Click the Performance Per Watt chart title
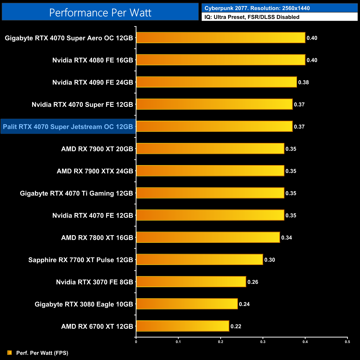pyautogui.click(x=100, y=12)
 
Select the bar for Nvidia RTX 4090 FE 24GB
pyautogui.click(x=217, y=82)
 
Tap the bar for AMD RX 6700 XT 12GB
pyautogui.click(x=183, y=326)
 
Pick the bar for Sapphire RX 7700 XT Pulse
pyautogui.click(x=200, y=259)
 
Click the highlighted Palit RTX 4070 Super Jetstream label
pyautogui.click(x=68, y=127)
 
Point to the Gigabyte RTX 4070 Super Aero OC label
pyautogui.click(x=69, y=38)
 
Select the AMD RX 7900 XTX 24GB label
pyautogui.click(x=95, y=171)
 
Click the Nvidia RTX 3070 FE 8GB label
pyautogui.click(x=95, y=282)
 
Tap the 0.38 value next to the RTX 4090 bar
pyautogui.click(x=304, y=82)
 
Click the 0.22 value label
pyautogui.click(x=236, y=326)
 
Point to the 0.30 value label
pyautogui.click(x=270, y=260)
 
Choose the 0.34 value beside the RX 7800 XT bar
pyautogui.click(x=287, y=238)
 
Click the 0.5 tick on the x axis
pyautogui.click(x=347, y=342)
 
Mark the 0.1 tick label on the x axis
pyautogui.click(x=178, y=342)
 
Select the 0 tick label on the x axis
pyautogui.click(x=136, y=342)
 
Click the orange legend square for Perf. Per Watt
pyautogui.click(x=10, y=353)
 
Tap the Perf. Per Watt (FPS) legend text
pyautogui.click(x=42, y=353)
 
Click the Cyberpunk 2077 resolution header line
pyautogui.click(x=257, y=8)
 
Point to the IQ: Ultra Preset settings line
pyautogui.click(x=252, y=17)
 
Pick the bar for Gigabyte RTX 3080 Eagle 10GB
pyautogui.click(x=187, y=304)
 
